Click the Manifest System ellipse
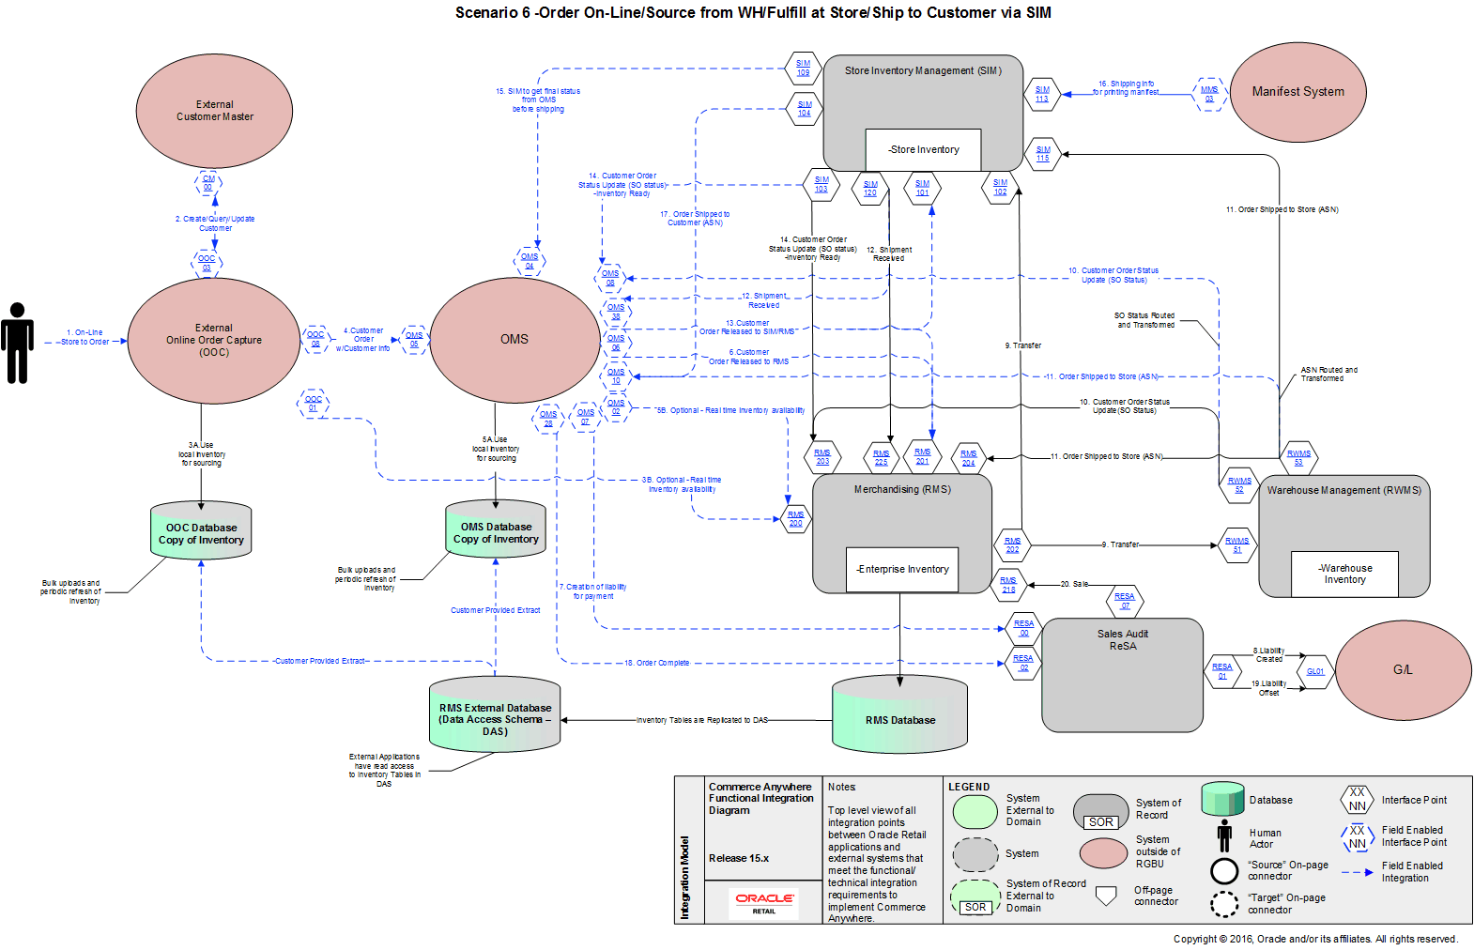[x=1297, y=92]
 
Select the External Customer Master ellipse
[x=215, y=111]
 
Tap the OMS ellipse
[x=514, y=340]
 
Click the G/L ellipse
[x=1403, y=670]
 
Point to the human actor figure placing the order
[x=17, y=343]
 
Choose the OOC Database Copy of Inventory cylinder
[x=201, y=532]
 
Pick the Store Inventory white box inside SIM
[x=924, y=149]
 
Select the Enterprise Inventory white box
[x=902, y=569]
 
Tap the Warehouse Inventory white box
[x=1344, y=574]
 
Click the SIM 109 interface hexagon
[x=803, y=68]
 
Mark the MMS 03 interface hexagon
[x=1209, y=94]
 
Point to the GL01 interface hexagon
[x=1315, y=671]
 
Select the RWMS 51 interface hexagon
[x=1236, y=544]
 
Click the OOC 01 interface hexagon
[x=314, y=404]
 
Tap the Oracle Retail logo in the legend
[x=764, y=902]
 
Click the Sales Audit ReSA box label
[x=1123, y=640]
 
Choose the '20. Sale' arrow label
[x=1074, y=584]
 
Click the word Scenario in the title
[x=486, y=13]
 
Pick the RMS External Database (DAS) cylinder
[x=495, y=716]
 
